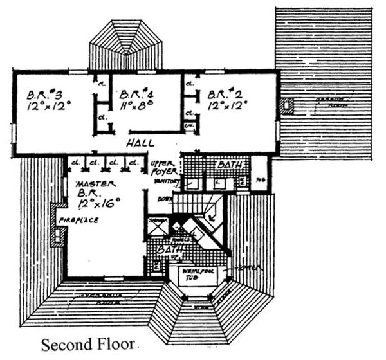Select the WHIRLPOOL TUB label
[x=196, y=274]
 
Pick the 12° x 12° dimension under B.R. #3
[x=48, y=105]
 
